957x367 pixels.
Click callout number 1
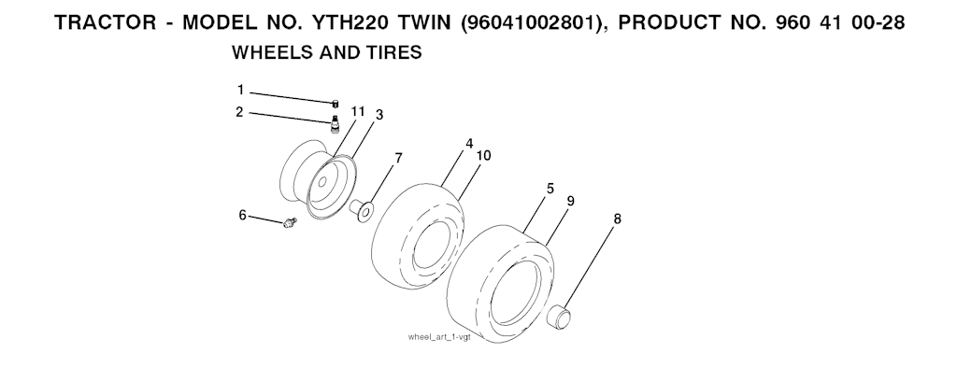tap(240, 91)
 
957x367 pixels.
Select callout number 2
tap(240, 112)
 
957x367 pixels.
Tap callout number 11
tap(358, 111)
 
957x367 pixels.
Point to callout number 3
tap(379, 115)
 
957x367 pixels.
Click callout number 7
tap(398, 159)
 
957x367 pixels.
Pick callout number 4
tap(469, 144)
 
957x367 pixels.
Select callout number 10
tap(483, 156)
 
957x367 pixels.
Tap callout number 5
tap(550, 189)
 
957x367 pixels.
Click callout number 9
tap(571, 201)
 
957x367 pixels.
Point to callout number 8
tap(617, 219)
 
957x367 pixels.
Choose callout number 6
tap(242, 215)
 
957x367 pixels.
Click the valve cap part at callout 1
tap(336, 105)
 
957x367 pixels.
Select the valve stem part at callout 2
tap(335, 123)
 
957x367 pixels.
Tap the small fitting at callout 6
tap(290, 222)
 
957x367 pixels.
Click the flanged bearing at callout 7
tap(362, 210)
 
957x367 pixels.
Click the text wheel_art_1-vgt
tap(439, 338)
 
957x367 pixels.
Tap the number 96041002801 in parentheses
tap(528, 22)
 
